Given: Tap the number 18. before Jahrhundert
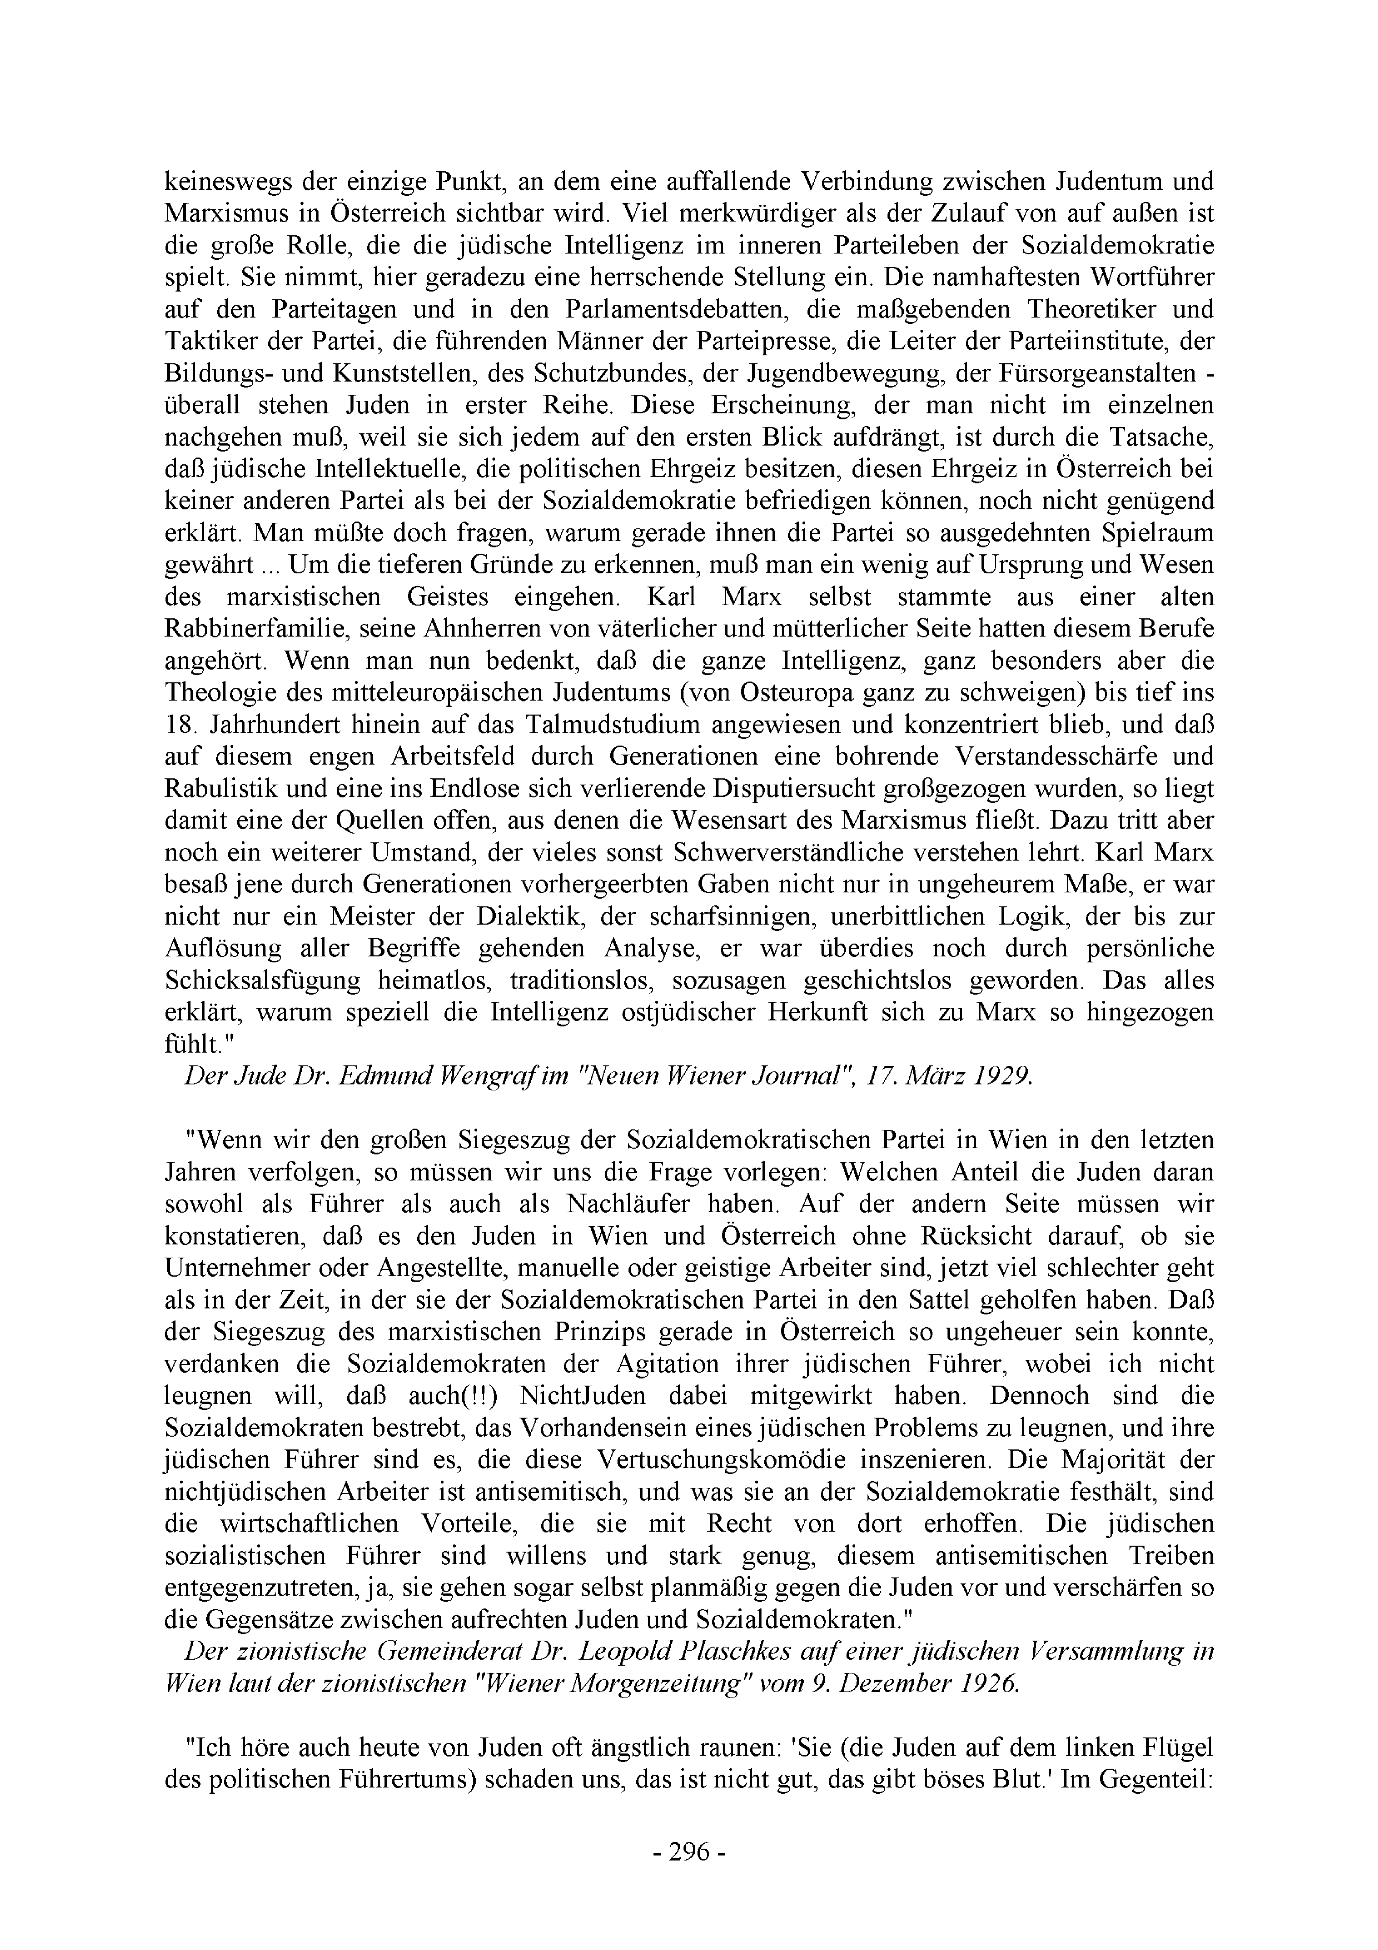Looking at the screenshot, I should tap(180, 725).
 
